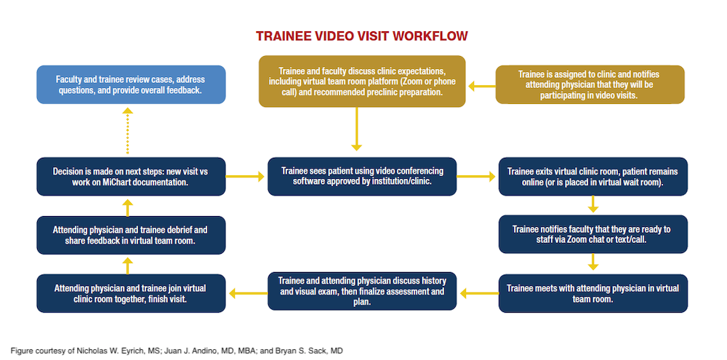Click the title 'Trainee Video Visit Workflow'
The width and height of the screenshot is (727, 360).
[361, 36]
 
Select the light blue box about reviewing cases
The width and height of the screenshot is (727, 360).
[131, 84]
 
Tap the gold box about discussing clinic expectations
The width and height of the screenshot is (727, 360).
[362, 81]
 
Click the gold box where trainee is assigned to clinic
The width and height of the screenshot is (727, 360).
[590, 84]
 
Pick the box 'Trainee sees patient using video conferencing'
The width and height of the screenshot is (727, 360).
[362, 176]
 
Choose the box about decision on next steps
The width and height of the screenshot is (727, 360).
[131, 177]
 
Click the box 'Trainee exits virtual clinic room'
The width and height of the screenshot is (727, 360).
[593, 177]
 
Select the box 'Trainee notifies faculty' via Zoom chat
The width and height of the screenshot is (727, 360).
[593, 234]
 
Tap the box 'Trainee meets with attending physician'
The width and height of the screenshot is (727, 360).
[593, 293]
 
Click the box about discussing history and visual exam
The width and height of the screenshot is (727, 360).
[362, 291]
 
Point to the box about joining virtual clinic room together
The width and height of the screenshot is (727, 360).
[131, 293]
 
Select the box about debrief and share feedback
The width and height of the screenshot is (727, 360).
[131, 234]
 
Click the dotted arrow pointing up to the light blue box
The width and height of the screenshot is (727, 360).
[128, 131]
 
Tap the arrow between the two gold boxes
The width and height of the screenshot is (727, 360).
[481, 86]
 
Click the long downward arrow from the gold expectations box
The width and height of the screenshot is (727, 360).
[357, 129]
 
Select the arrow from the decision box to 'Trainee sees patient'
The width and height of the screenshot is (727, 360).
[246, 176]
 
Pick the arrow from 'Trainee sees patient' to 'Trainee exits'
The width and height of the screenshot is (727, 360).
[477, 176]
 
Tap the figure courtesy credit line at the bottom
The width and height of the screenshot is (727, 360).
[177, 351]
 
